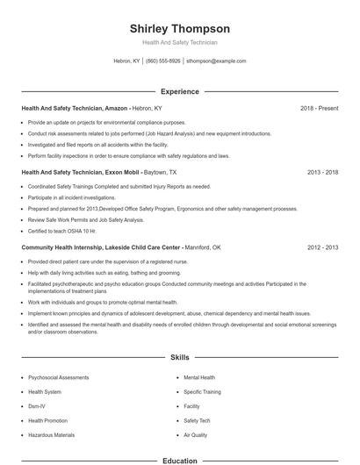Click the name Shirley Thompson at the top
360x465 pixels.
pyautogui.click(x=179, y=28)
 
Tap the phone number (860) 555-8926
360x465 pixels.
pyautogui.click(x=163, y=61)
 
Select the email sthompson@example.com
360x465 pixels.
pyautogui.click(x=216, y=61)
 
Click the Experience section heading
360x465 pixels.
pyautogui.click(x=179, y=91)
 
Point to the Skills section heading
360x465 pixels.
pyautogui.click(x=179, y=359)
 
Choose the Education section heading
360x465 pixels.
pyautogui.click(x=179, y=460)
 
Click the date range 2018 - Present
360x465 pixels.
pyautogui.click(x=319, y=108)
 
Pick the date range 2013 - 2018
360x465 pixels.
pyautogui.click(x=322, y=173)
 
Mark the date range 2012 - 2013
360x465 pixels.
pyautogui.click(x=322, y=248)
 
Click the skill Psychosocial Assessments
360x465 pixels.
pyautogui.click(x=58, y=377)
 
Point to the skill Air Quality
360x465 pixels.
pyautogui.click(x=195, y=434)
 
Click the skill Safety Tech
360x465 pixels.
pyautogui.click(x=197, y=420)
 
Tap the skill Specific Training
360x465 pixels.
pyautogui.click(x=202, y=391)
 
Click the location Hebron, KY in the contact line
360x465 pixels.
pyautogui.click(x=126, y=61)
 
